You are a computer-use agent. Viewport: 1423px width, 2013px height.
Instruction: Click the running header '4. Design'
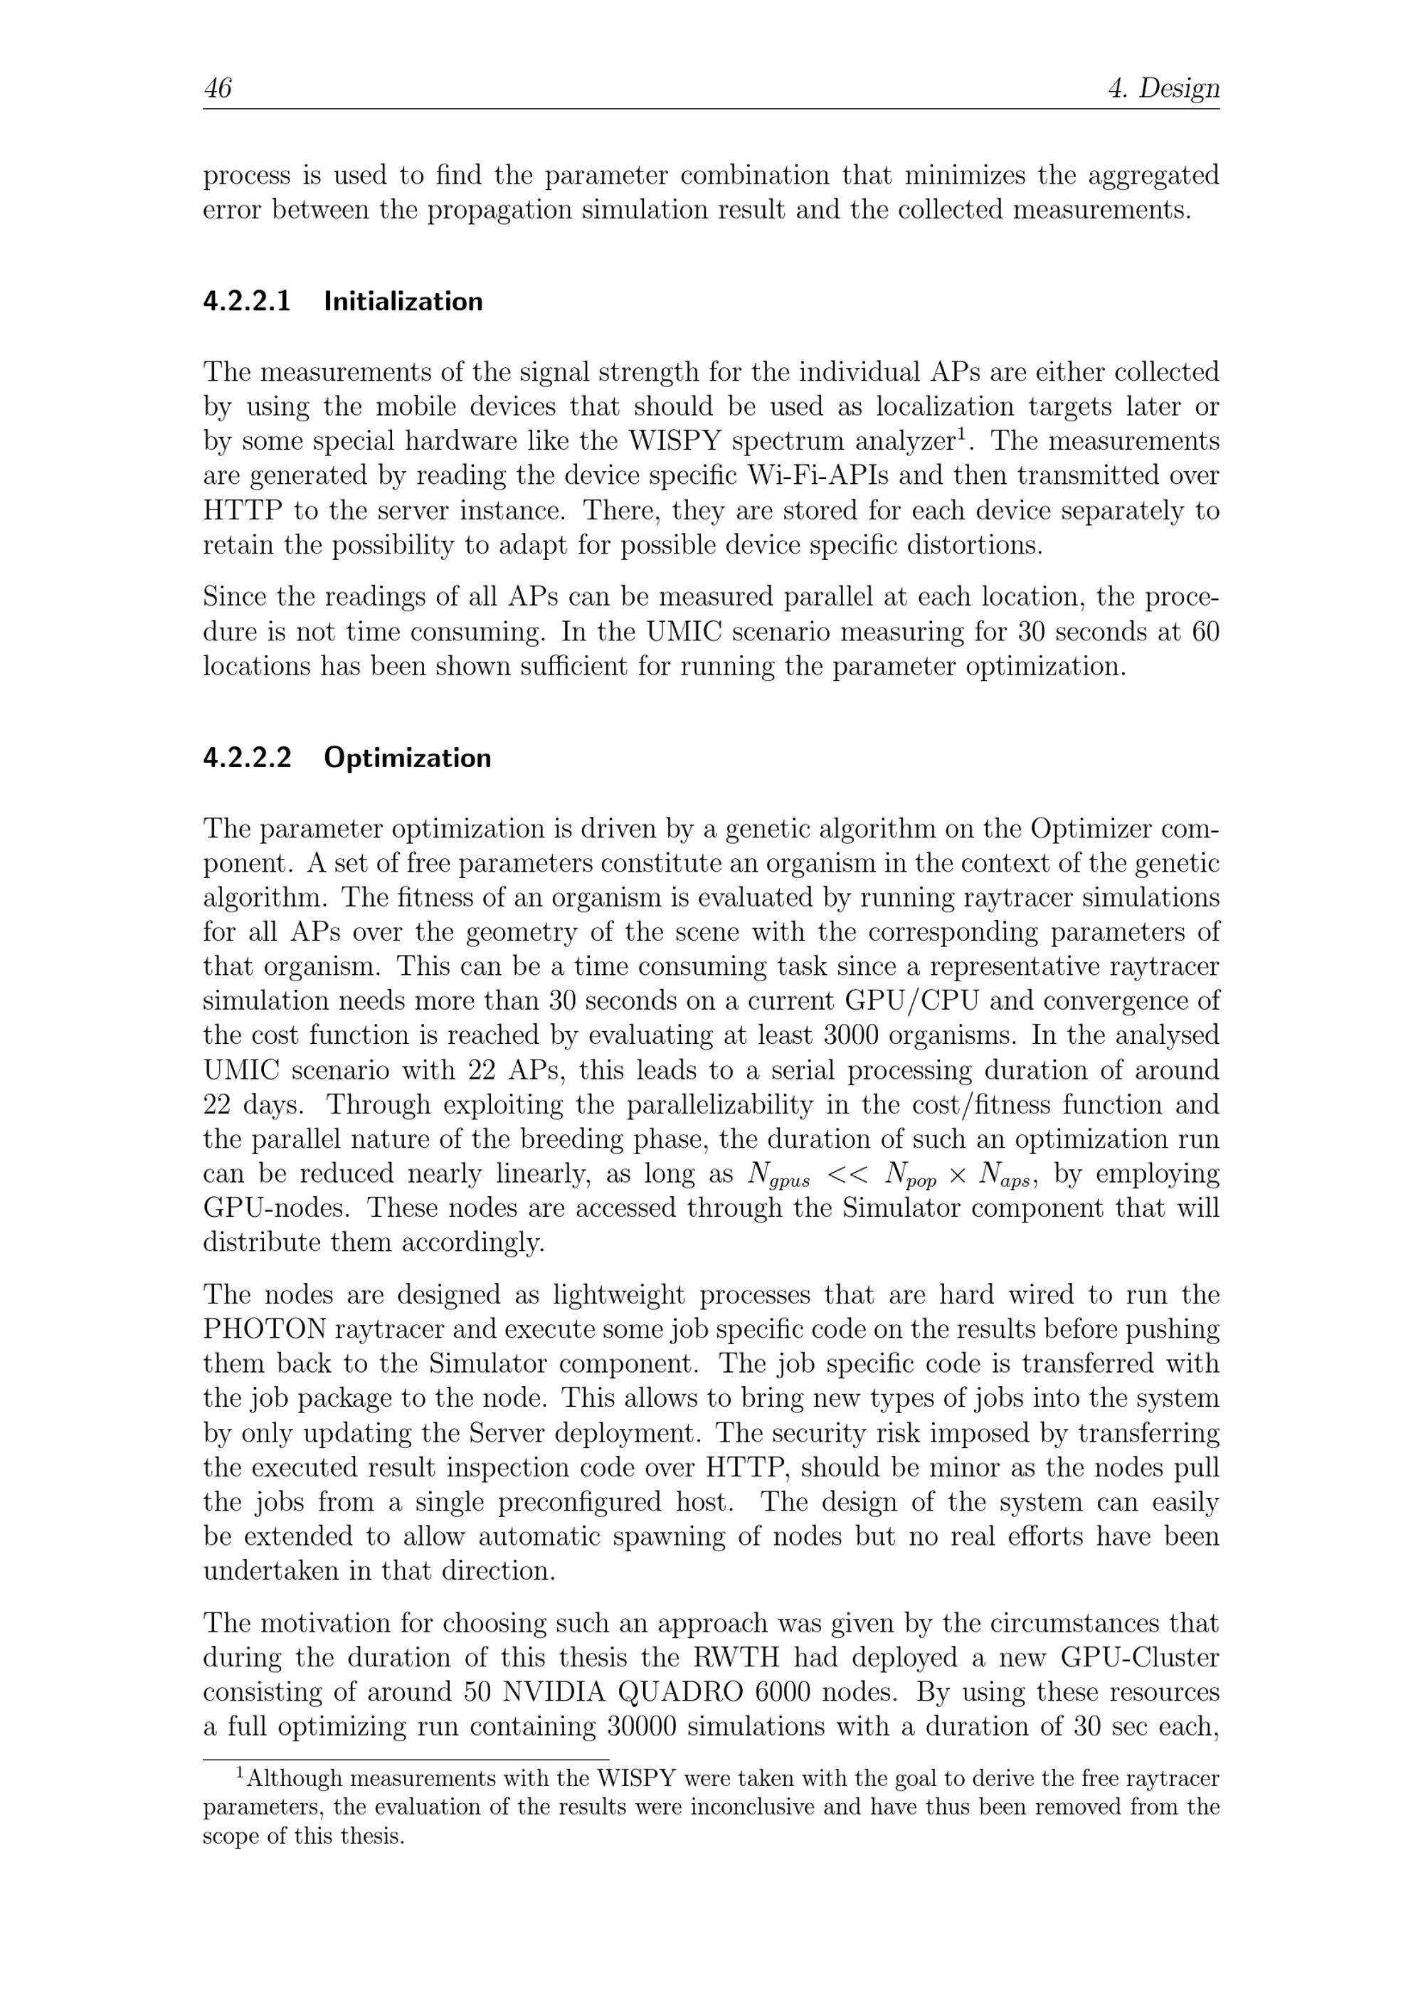(1163, 88)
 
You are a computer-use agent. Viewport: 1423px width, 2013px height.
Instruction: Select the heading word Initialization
(403, 302)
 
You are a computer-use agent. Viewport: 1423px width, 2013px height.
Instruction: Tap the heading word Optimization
(408, 758)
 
